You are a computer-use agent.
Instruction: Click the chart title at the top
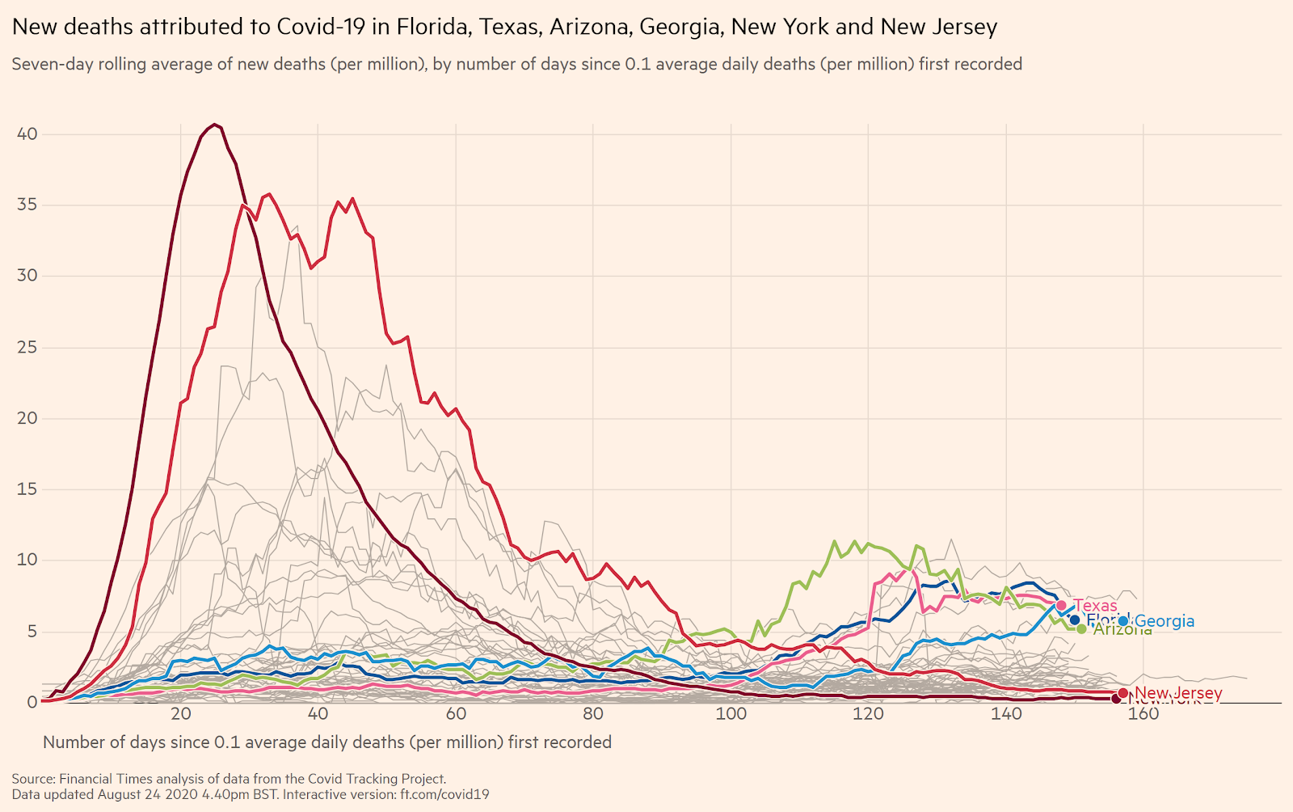click(x=504, y=27)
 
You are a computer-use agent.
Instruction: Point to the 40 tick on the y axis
click(x=27, y=134)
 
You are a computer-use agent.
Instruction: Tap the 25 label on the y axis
click(x=27, y=347)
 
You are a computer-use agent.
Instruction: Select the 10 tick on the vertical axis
click(x=27, y=560)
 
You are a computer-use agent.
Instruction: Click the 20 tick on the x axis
click(x=180, y=713)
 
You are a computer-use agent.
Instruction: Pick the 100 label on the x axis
click(x=731, y=713)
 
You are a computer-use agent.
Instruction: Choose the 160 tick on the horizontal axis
click(x=1143, y=713)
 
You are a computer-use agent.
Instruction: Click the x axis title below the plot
click(x=326, y=742)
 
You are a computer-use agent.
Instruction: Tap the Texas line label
click(x=1095, y=606)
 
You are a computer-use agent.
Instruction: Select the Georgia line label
click(x=1165, y=621)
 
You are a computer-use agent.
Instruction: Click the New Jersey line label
click(x=1178, y=693)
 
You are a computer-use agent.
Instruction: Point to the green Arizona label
click(x=1122, y=630)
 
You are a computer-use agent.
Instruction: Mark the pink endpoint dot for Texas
click(x=1061, y=605)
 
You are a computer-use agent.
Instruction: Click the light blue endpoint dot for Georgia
click(x=1123, y=621)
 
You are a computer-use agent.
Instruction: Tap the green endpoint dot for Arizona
click(x=1081, y=628)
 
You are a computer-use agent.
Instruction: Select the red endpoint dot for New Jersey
click(x=1122, y=693)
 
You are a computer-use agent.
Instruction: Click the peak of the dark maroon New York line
click(x=214, y=125)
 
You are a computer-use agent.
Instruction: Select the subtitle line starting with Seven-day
click(x=516, y=64)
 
